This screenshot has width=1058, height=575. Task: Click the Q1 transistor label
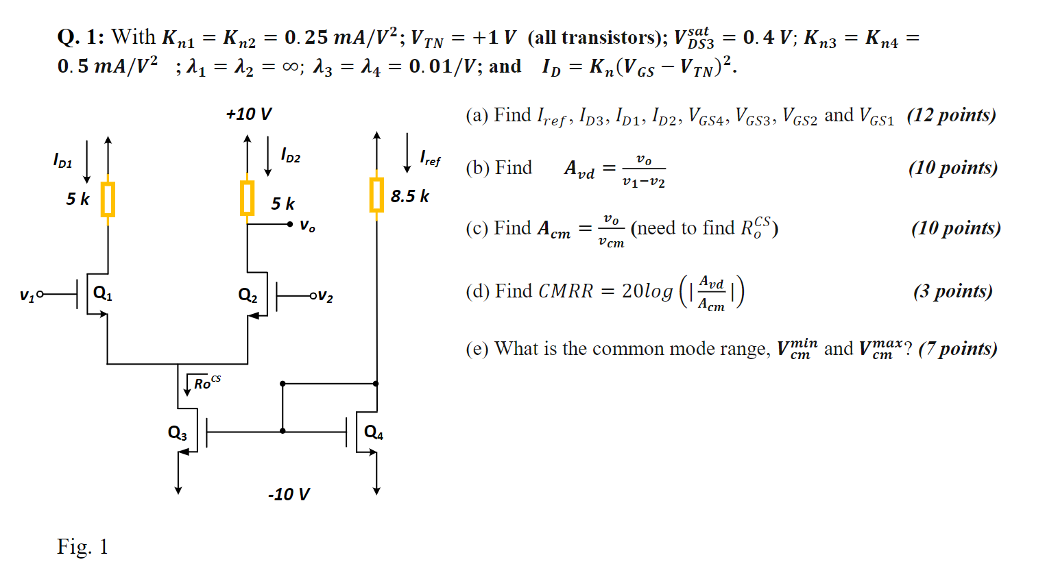click(102, 294)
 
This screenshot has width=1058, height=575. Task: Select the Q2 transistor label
click(248, 296)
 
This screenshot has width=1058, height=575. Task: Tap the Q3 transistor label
click(177, 433)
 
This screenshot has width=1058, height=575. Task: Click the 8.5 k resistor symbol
click(376, 195)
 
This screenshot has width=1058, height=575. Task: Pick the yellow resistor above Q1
click(108, 199)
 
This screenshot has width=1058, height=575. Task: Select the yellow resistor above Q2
click(248, 198)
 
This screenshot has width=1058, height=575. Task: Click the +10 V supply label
click(248, 114)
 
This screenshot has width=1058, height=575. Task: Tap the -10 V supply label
click(289, 494)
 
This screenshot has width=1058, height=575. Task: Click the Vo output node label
click(308, 226)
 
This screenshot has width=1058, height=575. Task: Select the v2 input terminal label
click(325, 297)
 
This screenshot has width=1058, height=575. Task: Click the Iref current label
click(430, 159)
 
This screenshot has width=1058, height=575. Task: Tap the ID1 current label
click(62, 160)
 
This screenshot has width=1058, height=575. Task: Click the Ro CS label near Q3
click(206, 382)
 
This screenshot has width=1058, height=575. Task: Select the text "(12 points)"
click(951, 115)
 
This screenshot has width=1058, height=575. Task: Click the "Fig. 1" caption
click(82, 547)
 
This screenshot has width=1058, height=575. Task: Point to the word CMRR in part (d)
click(565, 291)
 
